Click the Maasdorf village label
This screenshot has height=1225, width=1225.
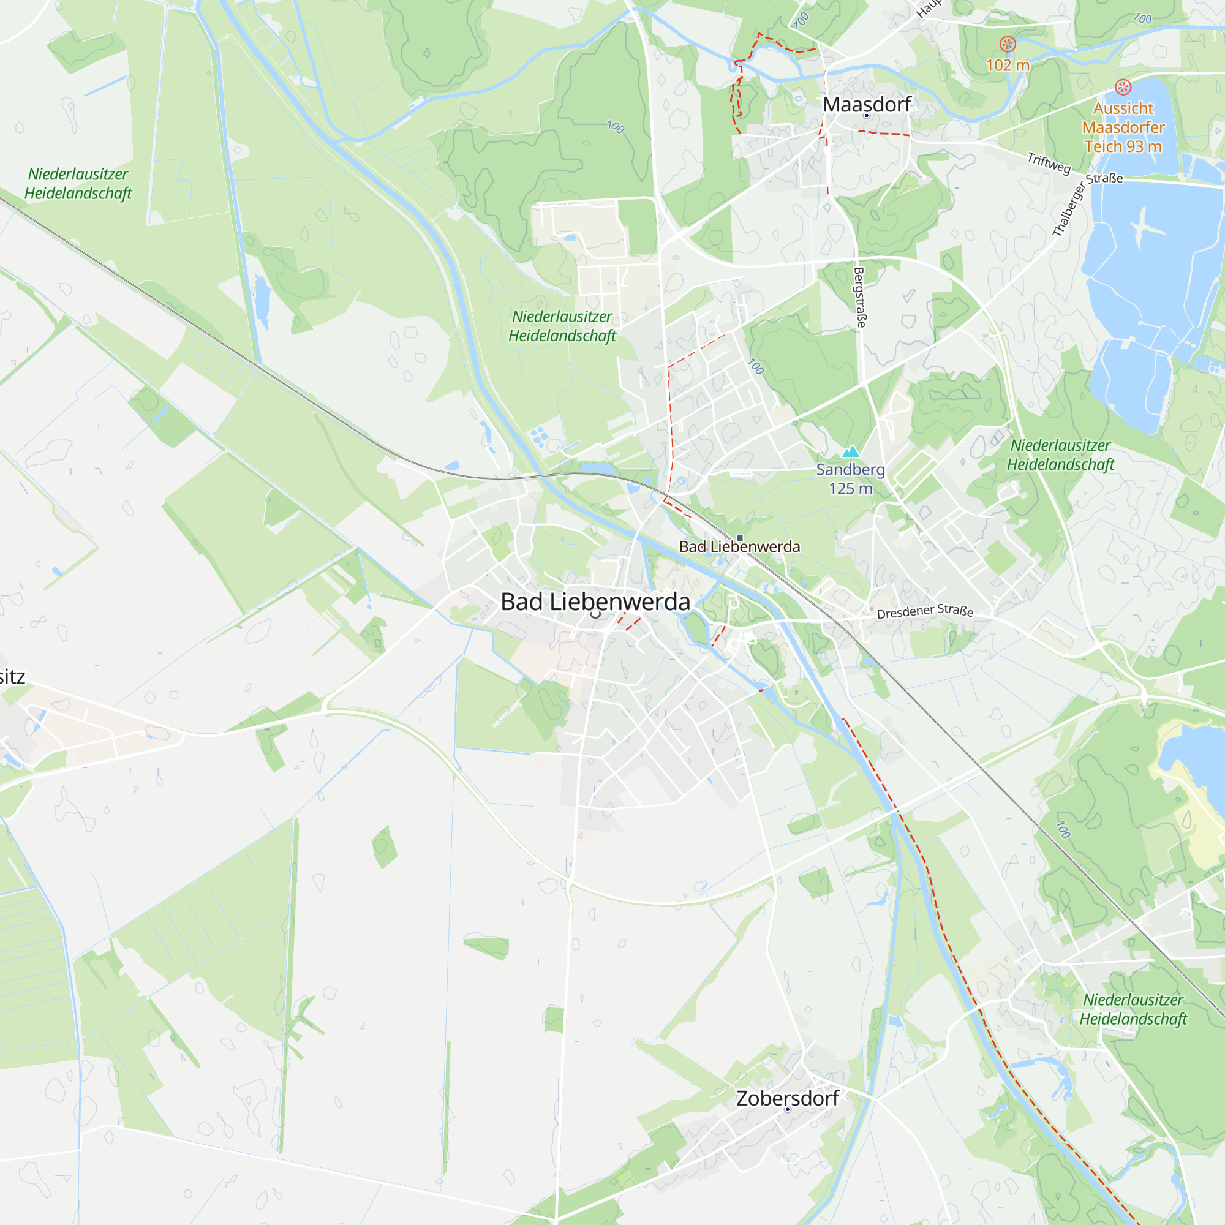(866, 104)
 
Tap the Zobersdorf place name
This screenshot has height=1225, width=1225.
(788, 1098)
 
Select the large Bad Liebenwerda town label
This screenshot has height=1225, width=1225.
(595, 601)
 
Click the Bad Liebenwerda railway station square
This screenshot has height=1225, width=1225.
(739, 538)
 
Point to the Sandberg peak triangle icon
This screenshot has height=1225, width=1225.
(850, 451)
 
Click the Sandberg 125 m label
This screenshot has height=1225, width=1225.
(850, 479)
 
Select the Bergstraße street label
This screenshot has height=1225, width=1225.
(860, 296)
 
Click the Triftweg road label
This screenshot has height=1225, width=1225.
(1049, 163)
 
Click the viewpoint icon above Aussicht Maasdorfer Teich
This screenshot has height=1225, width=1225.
(1123, 87)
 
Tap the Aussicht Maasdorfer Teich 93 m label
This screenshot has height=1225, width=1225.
(1123, 127)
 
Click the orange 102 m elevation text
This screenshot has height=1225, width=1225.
(1008, 65)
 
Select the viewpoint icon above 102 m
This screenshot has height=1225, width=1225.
(1008, 43)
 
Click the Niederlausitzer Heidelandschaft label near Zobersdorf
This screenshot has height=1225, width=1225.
(1133, 1009)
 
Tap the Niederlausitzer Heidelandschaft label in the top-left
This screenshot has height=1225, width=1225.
(78, 183)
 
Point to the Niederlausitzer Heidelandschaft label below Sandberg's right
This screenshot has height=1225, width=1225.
(1060, 454)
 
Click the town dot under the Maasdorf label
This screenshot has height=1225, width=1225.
(867, 116)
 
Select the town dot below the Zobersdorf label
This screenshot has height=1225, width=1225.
(788, 1110)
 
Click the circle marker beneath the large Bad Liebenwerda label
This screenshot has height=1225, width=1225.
(595, 614)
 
